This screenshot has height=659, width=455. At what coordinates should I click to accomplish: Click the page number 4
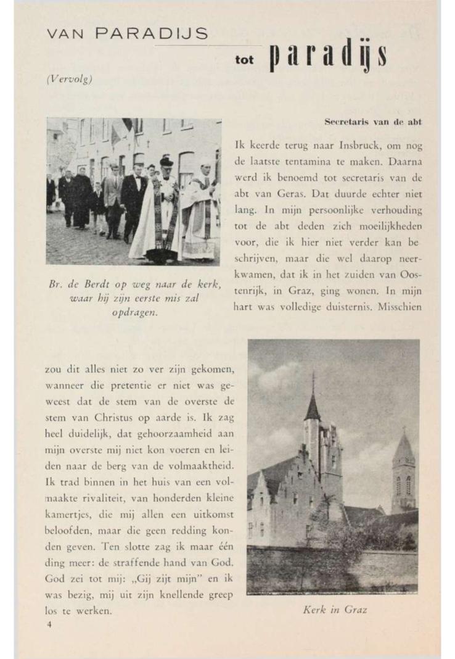click(49, 624)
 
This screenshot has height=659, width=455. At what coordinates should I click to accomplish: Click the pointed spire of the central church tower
click(313, 398)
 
